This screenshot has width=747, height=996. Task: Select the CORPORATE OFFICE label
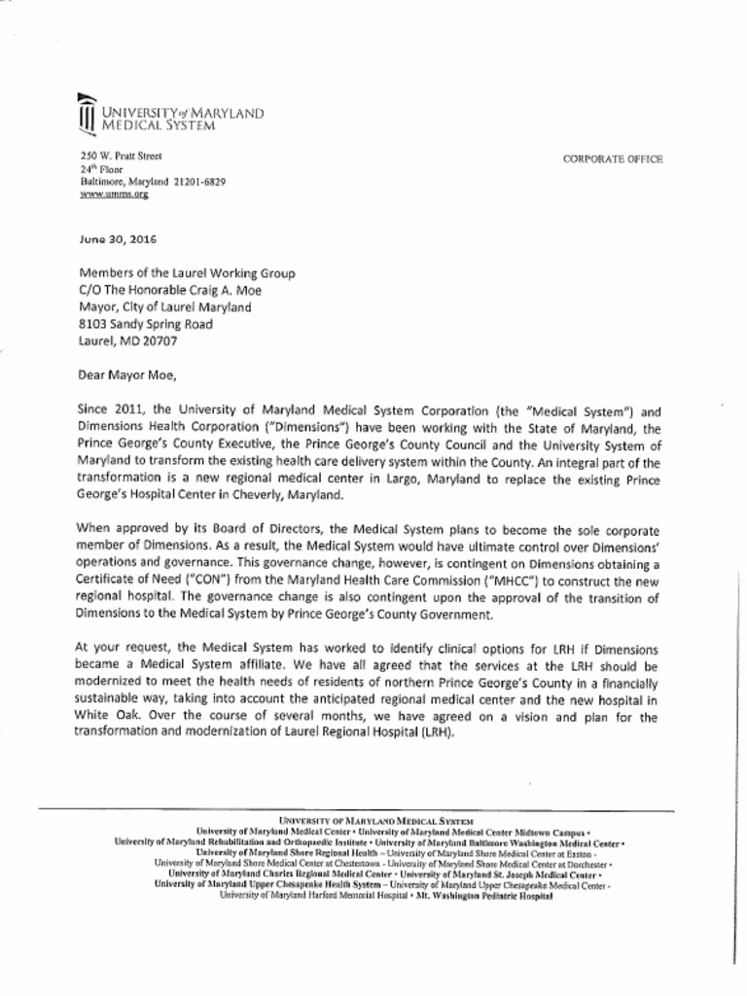click(613, 159)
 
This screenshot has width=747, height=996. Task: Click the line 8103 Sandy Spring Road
click(145, 324)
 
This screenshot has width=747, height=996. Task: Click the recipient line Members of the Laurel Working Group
click(186, 273)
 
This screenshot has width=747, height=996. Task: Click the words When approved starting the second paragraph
click(120, 529)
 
